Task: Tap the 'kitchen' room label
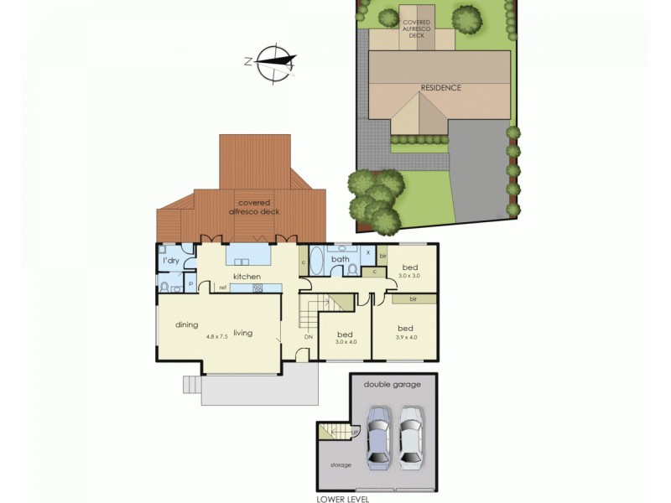(x=247, y=277)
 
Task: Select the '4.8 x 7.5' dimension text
(x=217, y=336)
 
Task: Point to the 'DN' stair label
(x=309, y=338)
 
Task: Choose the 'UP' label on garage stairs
(x=356, y=433)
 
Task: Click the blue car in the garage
(x=379, y=435)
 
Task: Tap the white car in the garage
(x=409, y=435)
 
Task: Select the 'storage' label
(x=341, y=464)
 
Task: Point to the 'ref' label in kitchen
(x=224, y=288)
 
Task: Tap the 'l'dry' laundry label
(x=171, y=261)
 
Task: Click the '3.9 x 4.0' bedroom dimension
(x=406, y=337)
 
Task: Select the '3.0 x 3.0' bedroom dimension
(x=409, y=276)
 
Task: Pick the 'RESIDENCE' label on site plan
(x=440, y=87)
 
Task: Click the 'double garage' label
(x=393, y=384)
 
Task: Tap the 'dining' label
(x=186, y=324)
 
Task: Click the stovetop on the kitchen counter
(x=257, y=288)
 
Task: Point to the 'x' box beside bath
(x=368, y=251)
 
